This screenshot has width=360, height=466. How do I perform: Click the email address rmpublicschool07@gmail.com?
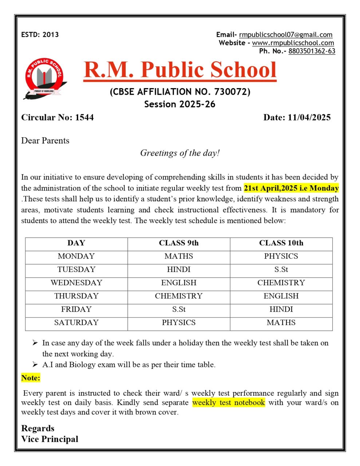(286, 35)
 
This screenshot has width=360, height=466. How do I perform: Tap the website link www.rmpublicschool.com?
(293, 43)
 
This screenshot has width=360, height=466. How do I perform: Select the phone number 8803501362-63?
(312, 51)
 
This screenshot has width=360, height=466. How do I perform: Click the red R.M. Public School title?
(180, 69)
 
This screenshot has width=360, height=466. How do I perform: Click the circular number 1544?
(84, 117)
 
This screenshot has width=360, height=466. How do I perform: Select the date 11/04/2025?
(309, 117)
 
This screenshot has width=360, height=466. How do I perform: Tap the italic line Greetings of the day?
(180, 153)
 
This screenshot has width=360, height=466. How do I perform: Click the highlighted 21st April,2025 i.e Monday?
(291, 188)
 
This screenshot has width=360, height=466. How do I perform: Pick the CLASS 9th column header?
(179, 243)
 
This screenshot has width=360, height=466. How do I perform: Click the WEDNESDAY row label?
(76, 283)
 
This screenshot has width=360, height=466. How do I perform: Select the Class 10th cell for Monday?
(281, 256)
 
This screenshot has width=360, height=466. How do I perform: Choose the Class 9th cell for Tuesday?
(179, 270)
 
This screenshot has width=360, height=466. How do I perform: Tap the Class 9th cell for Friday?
(179, 309)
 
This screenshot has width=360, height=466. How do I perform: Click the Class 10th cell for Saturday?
(281, 323)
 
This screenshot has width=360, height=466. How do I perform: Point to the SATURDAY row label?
(76, 323)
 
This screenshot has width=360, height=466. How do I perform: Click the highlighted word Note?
(31, 378)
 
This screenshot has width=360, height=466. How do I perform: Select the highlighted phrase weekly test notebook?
(229, 403)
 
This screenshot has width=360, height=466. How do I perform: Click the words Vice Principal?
(50, 439)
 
